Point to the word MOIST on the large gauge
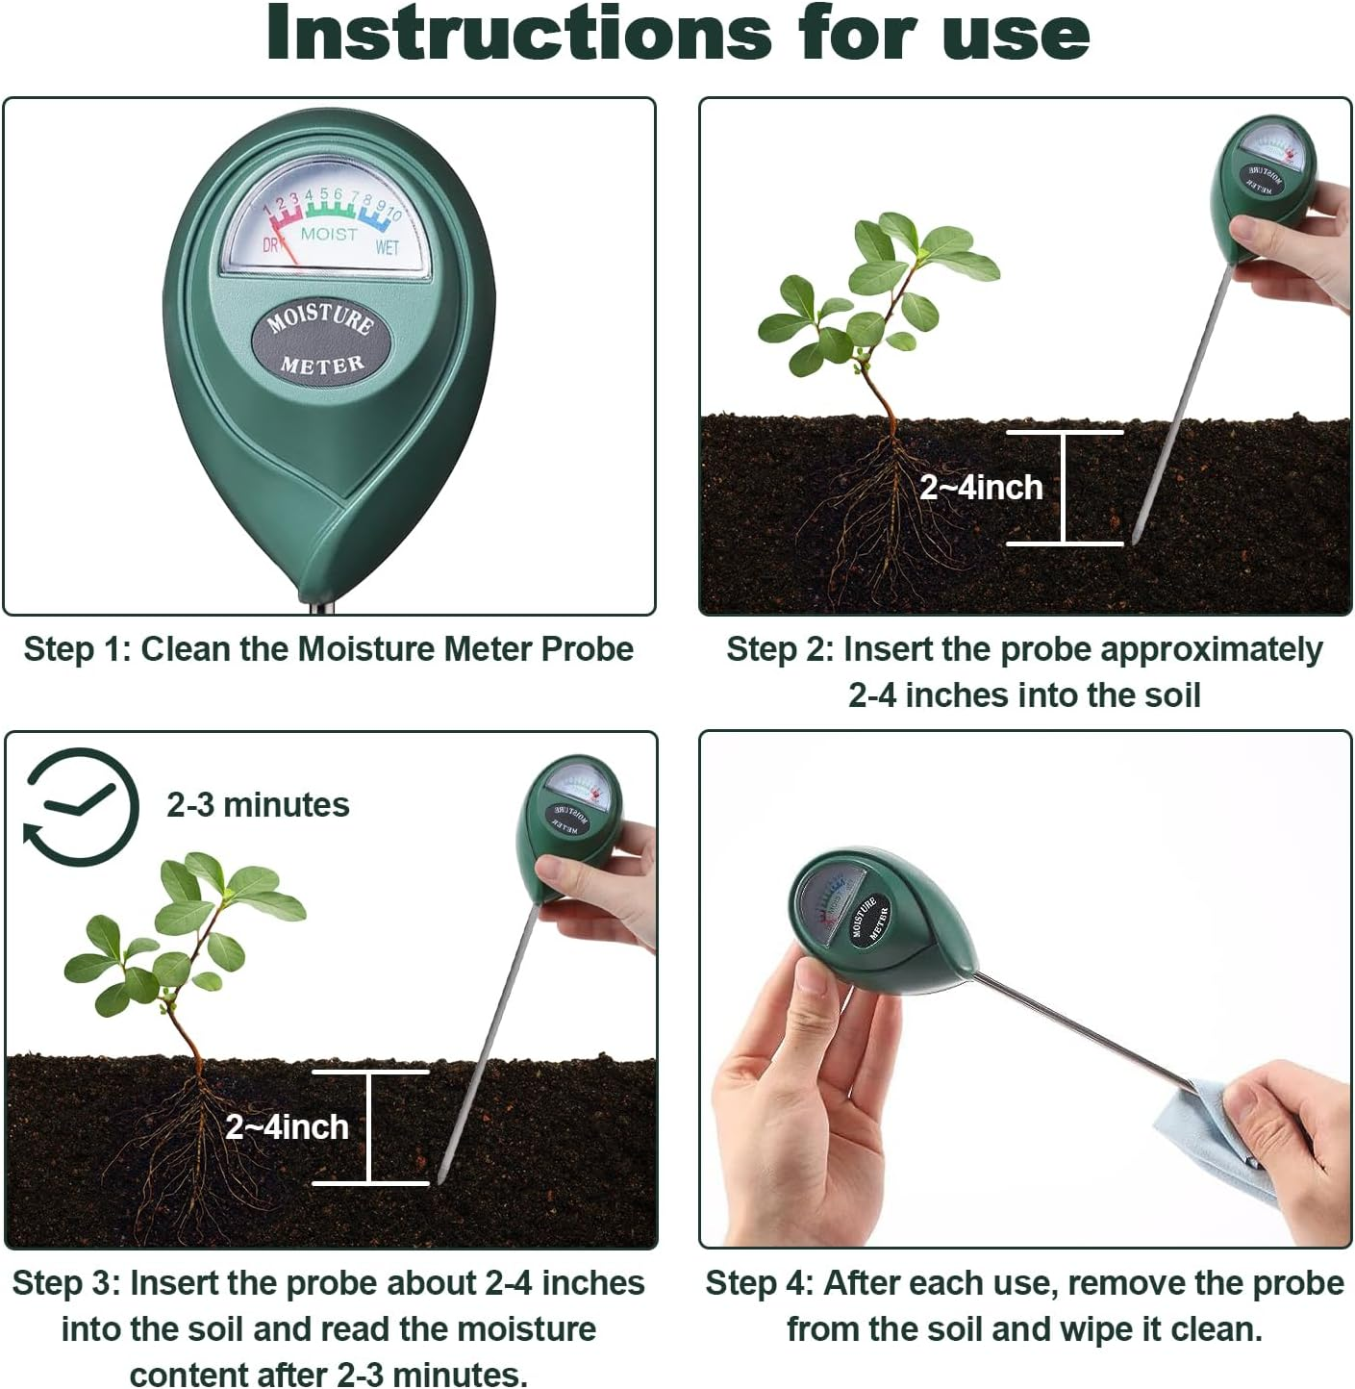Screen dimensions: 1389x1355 click(x=329, y=234)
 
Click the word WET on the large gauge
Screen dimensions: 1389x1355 click(x=387, y=247)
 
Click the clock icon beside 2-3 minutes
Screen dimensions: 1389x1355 click(x=81, y=806)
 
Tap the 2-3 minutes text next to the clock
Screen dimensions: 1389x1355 click(x=258, y=804)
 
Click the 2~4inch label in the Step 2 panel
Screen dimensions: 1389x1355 click(x=980, y=487)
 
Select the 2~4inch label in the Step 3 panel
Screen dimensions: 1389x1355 click(x=287, y=1125)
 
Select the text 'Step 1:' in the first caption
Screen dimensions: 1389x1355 click(x=77, y=649)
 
